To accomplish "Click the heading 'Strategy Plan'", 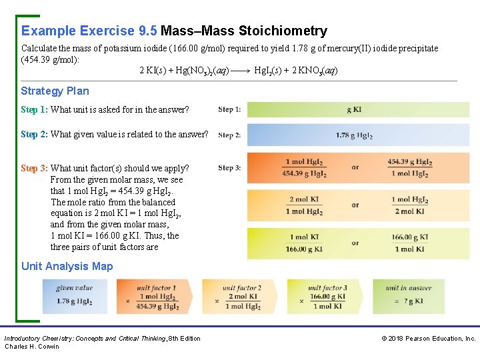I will (55, 91).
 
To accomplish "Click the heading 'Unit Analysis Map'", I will (67, 266).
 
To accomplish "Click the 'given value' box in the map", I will (74, 296).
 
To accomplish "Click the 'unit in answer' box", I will (408, 297).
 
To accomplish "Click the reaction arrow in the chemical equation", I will (241, 71).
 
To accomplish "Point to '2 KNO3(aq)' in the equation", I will (315, 71).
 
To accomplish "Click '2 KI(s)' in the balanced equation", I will (152, 71).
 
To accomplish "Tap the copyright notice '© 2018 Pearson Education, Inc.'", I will (429, 339).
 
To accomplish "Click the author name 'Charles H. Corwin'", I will (32, 347).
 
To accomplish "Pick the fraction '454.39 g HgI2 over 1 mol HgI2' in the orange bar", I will (409, 168).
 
